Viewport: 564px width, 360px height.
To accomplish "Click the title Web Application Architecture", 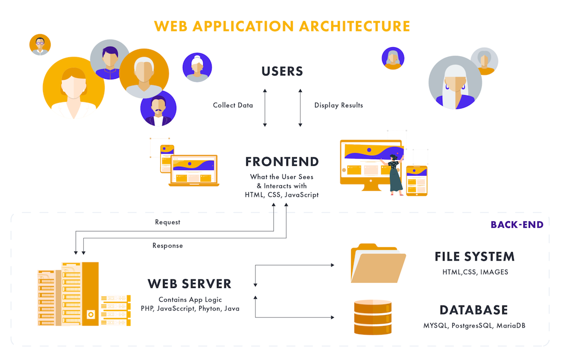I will click(x=282, y=26).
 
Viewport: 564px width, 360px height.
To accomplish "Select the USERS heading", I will click(x=282, y=71).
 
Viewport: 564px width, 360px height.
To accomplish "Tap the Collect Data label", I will click(x=233, y=105).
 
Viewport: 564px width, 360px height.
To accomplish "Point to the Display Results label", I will click(x=338, y=105).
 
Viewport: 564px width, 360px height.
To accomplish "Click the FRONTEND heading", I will click(x=282, y=162).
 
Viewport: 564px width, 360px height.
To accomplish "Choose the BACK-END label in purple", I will click(x=517, y=225).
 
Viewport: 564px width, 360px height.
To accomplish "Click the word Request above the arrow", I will click(x=167, y=222).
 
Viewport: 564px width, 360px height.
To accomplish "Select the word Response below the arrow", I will click(x=167, y=246).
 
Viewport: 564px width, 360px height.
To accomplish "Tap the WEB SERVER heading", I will click(x=189, y=284).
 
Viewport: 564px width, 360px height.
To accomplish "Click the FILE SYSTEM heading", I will click(x=474, y=257).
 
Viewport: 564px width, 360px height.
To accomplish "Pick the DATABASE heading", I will click(x=473, y=309).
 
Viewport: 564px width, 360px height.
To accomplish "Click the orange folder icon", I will click(x=377, y=264).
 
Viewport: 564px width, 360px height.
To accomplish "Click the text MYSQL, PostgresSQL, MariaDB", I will click(x=474, y=325).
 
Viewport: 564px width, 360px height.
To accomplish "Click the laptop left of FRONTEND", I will click(x=194, y=171).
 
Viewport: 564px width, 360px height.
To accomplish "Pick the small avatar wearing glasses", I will click(x=40, y=45).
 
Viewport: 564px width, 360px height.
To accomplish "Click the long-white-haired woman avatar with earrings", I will click(x=455, y=83).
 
